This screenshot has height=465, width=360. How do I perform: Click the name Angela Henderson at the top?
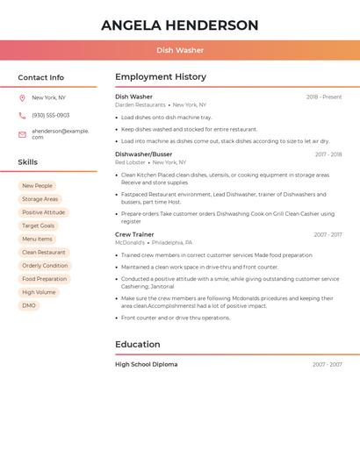pos(180,25)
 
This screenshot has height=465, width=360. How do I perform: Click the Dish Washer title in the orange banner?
pos(180,50)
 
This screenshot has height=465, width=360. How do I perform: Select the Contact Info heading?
pos(40,77)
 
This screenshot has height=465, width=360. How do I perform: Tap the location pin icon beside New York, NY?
pos(22,97)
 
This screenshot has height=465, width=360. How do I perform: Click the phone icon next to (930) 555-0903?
pos(22,116)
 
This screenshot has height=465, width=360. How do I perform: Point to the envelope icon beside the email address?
pos(22,134)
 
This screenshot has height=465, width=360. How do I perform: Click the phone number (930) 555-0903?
pos(51,116)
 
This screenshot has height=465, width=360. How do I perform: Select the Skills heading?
pos(27,162)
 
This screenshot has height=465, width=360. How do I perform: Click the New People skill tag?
pos(37,186)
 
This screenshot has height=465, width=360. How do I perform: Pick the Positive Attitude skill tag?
pos(43,212)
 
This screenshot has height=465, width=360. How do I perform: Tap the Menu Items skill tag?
pos(37,239)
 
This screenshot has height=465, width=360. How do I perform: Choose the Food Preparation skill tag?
pos(44,279)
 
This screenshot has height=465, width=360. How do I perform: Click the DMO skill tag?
pos(29,305)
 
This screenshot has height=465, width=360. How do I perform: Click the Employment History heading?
pos(161,77)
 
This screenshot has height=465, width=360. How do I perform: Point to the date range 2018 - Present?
pos(324,97)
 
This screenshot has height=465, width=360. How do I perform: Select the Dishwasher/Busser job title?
pos(144,154)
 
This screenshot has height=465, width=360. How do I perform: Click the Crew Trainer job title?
pos(134,234)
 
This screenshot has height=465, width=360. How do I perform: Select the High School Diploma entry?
pos(146,364)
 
